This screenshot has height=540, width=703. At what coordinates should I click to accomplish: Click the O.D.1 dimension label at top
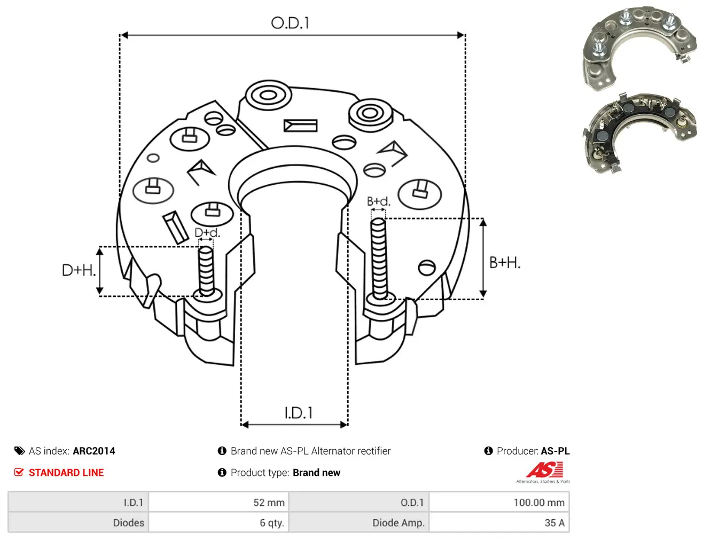pos(290,23)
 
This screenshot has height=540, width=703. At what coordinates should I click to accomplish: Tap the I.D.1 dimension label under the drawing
pos(298,412)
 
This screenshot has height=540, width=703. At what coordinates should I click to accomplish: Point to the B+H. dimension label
pos(505,263)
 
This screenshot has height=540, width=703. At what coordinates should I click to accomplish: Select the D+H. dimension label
pos(79,270)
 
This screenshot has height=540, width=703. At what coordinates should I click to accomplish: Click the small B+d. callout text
pos(379,201)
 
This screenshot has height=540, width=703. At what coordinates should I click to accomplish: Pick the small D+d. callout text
pos(207,232)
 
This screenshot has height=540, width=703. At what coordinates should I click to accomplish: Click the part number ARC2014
pos(94,451)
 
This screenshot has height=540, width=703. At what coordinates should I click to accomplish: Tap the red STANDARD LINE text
pos(66,472)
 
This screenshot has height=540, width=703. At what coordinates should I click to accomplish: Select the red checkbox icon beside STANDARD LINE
pos(19,472)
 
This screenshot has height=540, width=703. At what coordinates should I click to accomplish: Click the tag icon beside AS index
pos(19,451)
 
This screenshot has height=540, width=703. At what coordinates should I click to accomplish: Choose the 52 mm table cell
pos(218,502)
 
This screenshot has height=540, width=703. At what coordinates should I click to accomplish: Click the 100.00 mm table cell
pos(499,502)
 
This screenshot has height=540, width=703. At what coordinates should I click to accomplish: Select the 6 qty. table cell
pos(218,522)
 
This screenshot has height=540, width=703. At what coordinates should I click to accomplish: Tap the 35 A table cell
pos(499,522)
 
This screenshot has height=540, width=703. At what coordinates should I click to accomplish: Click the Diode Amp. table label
pos(399,523)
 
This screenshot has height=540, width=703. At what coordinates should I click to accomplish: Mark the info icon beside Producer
pos(488,451)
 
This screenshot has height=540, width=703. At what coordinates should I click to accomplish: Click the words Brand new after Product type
pos(316,472)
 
